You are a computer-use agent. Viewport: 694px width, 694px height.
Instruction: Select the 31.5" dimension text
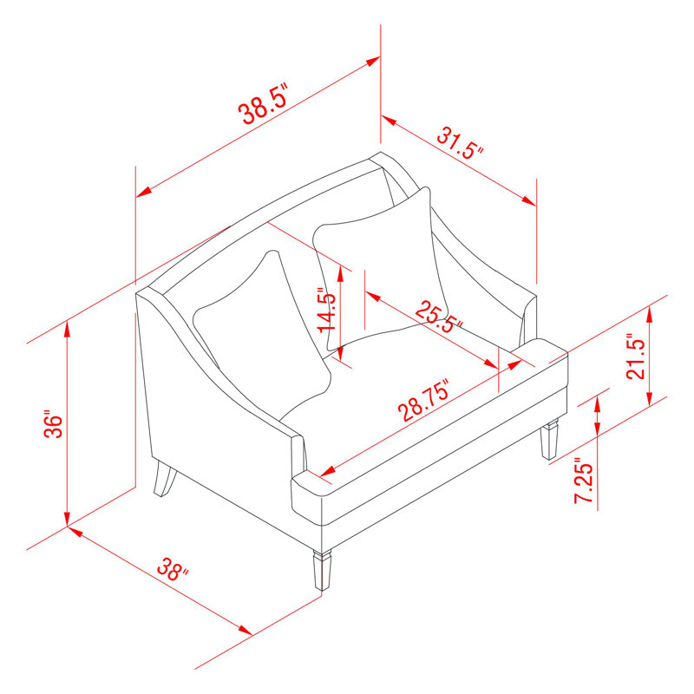[461, 143]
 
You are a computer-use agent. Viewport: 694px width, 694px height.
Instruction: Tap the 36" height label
[54, 426]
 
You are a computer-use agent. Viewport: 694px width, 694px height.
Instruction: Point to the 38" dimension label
[173, 570]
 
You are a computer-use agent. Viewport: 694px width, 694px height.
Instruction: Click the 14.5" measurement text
[328, 310]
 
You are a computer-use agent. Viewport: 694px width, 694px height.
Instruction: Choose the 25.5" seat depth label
[439, 317]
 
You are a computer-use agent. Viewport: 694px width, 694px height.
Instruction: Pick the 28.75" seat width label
[424, 400]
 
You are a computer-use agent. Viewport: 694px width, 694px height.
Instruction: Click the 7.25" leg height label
[584, 483]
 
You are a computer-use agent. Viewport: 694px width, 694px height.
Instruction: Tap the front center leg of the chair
[322, 569]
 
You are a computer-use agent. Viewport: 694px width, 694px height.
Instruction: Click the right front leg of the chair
[549, 441]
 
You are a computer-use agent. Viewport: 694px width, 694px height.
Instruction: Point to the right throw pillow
[381, 270]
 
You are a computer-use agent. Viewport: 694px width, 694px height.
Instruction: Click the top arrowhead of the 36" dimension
[67, 329]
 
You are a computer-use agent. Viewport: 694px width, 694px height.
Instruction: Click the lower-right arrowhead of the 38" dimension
[244, 631]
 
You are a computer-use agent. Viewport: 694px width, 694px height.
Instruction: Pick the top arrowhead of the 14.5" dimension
[340, 274]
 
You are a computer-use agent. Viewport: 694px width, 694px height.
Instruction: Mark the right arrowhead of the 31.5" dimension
[528, 200]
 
